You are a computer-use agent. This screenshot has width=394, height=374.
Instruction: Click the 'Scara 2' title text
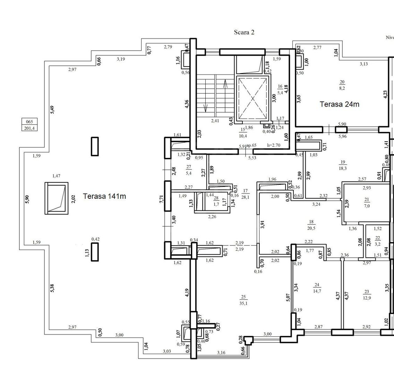pos(244,32)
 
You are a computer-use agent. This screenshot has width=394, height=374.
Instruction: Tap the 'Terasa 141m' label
pos(104,196)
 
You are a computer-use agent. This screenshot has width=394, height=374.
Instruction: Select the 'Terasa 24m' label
pos(339,104)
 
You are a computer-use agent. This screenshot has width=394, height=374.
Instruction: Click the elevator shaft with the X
pos(252,98)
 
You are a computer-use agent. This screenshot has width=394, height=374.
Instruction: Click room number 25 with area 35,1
pos(243,300)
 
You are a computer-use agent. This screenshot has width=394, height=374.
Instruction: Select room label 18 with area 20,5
pos(311,224)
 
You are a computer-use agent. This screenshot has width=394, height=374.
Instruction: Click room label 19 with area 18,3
pos(343,164)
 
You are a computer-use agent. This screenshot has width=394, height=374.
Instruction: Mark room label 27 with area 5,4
pos(189,169)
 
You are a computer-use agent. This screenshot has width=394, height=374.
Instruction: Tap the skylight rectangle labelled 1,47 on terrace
pos(56,198)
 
